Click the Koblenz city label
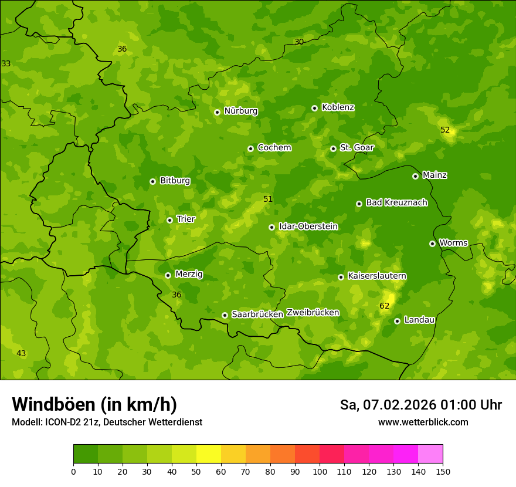[338, 107]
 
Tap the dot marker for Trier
[169, 220]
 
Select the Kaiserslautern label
[377, 276]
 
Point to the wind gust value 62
[385, 306]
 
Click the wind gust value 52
[445, 130]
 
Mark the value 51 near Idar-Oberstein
[268, 199]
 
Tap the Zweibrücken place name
[313, 313]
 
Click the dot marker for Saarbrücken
[225, 315]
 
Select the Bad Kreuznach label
[396, 202]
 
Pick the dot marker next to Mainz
[415, 176]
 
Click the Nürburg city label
[240, 111]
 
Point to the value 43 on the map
[21, 353]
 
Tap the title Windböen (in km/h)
[94, 404]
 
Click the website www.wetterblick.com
[423, 422]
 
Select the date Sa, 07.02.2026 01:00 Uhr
[420, 405]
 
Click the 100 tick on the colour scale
[320, 471]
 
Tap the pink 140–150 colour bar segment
[430, 454]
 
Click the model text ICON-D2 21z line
[107, 422]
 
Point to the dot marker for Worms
[432, 243]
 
